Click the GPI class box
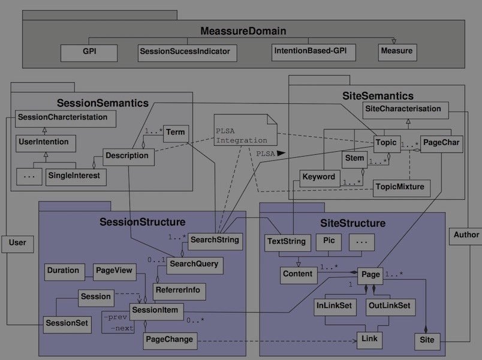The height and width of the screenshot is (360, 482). click(x=89, y=52)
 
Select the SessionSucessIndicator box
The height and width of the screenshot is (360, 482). click(x=186, y=52)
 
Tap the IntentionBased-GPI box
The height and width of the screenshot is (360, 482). click(x=314, y=52)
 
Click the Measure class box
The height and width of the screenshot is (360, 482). click(x=397, y=52)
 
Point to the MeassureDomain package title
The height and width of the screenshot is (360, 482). click(x=243, y=31)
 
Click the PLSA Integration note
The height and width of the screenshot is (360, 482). click(x=245, y=134)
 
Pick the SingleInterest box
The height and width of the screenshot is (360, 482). click(x=76, y=176)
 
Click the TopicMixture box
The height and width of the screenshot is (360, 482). click(x=400, y=187)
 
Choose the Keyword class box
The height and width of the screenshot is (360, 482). click(x=319, y=178)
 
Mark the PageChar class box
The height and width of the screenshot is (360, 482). click(x=441, y=143)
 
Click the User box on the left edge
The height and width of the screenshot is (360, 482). click(x=17, y=243)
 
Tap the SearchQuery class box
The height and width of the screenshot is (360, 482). click(x=194, y=264)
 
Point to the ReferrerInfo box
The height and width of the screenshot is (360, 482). click(x=179, y=292)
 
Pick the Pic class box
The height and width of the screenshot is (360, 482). click(x=329, y=241)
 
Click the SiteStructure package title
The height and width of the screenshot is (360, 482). click(x=352, y=223)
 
